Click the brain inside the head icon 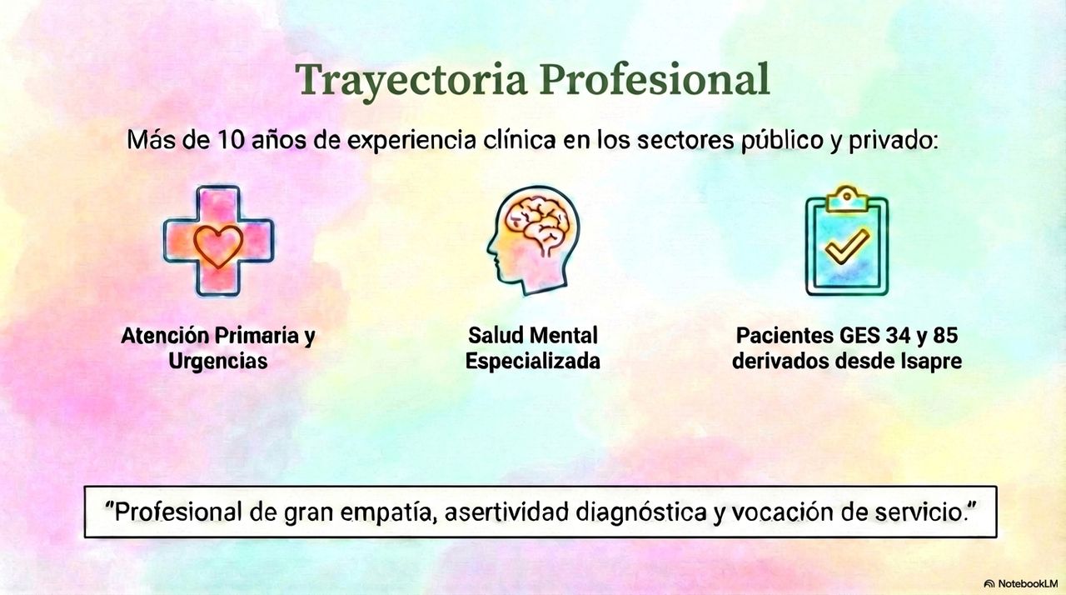point(540,222)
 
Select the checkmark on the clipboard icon point(846,245)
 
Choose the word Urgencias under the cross point(218,362)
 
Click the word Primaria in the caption point(256,337)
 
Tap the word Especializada point(532,362)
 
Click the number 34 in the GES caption point(884,337)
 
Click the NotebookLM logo point(1020,583)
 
